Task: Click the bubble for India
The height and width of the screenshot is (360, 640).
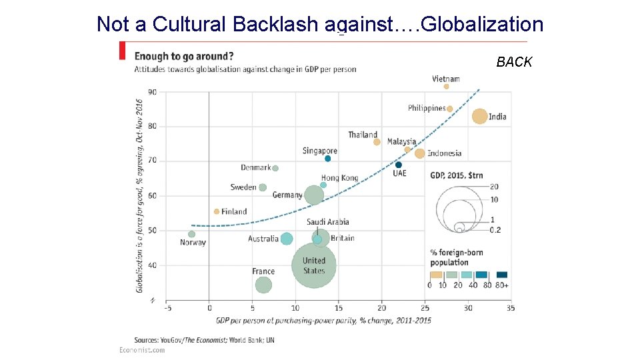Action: (x=479, y=117)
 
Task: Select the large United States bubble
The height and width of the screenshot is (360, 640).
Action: (x=314, y=266)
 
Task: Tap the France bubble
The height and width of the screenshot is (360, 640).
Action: (x=263, y=285)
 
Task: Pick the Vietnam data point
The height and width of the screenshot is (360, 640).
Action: (x=447, y=86)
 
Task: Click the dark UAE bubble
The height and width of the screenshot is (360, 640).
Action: (x=399, y=165)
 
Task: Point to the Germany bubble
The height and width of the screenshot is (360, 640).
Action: (x=314, y=195)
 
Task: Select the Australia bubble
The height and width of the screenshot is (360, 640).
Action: (x=287, y=239)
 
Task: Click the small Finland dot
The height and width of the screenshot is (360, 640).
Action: (x=217, y=211)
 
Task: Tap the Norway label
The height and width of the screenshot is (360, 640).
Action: (x=193, y=243)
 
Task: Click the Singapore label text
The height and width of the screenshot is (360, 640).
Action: (x=320, y=151)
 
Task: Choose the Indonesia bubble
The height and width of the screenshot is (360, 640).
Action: (x=420, y=153)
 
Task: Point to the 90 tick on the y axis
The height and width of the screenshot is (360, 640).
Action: (x=153, y=92)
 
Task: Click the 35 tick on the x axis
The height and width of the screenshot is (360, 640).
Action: (x=510, y=308)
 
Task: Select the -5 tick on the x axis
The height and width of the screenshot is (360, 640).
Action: (x=167, y=308)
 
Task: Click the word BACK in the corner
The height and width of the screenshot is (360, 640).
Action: (x=514, y=62)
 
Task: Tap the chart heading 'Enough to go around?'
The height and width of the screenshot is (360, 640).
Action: (x=184, y=56)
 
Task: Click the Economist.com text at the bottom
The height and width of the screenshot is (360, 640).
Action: (x=142, y=350)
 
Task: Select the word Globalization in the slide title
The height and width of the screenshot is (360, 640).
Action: (x=483, y=24)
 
